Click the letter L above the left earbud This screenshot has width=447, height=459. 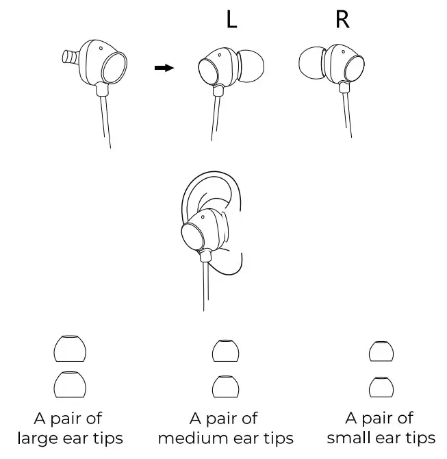(231, 19)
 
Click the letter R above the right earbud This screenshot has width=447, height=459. (342, 19)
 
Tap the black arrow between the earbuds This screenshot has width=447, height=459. (164, 67)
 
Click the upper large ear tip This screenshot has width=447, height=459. (70, 349)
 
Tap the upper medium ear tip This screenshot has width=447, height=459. (225, 351)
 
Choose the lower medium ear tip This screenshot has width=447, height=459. (225, 387)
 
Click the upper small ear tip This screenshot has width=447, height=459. (380, 351)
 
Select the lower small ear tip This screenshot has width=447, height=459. (380, 387)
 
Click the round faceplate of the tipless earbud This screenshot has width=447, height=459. (112, 69)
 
